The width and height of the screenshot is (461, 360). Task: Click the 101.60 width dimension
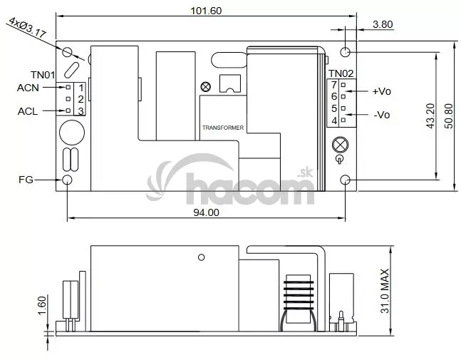206,11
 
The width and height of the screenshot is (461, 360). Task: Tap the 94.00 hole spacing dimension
206,212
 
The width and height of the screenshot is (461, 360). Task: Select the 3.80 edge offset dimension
383,24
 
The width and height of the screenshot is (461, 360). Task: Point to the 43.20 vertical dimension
430,115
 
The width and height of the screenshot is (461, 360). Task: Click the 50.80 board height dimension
449,115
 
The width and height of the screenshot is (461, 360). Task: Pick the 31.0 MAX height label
385,291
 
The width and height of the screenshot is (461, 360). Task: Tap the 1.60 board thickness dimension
42,305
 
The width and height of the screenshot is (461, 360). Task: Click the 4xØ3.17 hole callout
28,28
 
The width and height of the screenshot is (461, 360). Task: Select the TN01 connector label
43,75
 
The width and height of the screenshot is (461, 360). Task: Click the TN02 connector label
341,73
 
